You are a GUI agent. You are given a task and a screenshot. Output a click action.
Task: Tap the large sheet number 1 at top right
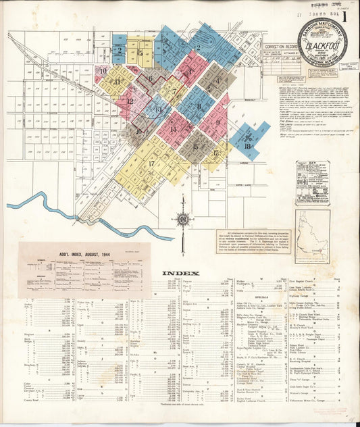point(346,17)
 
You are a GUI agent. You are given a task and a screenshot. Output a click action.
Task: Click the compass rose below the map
point(182,220)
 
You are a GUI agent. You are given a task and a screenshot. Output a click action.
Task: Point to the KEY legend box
point(311,182)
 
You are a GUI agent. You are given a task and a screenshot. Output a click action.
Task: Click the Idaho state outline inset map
point(312,237)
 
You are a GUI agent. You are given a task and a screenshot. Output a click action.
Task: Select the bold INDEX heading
point(181,273)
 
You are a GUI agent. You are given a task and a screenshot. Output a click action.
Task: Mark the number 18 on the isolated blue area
point(247,145)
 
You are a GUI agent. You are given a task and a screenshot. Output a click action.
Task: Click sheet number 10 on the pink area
point(103,70)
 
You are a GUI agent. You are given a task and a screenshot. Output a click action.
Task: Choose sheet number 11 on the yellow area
point(117,81)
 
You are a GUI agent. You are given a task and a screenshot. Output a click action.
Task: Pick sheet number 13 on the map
point(157,107)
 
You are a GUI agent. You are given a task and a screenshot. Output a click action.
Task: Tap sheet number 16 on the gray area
point(138,132)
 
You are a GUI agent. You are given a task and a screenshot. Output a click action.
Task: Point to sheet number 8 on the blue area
point(199,105)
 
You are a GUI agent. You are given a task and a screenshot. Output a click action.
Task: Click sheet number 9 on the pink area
point(217,122)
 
